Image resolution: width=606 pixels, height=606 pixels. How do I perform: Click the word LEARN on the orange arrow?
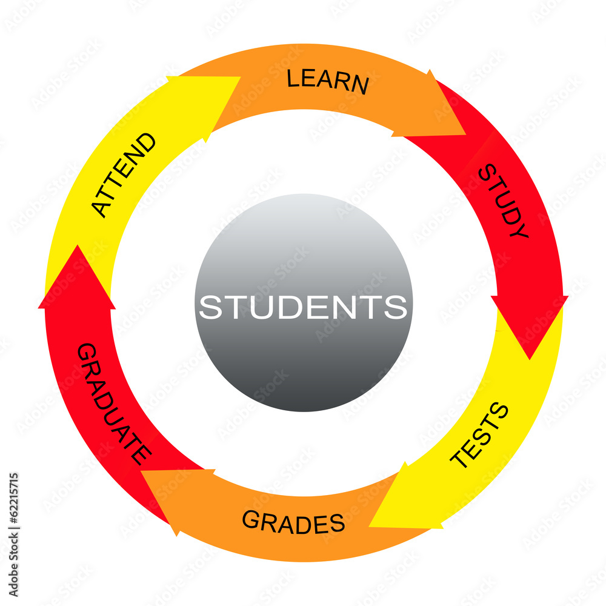coord(328,81)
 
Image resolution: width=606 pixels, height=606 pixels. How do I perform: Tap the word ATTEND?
coord(123,175)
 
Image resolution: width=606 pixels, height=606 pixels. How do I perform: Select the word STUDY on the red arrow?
coord(503,201)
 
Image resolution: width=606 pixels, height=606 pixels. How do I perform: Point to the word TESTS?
coord(479,435)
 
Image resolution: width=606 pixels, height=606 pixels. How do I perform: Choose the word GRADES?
coord(293,522)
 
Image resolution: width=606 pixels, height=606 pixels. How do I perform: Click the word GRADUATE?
coord(115,404)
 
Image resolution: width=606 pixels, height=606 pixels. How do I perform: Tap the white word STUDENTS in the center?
coord(303,307)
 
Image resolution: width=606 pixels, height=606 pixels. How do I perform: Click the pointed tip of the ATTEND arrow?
coord(241,77)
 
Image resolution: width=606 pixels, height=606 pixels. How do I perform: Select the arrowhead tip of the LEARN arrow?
coord(466,135)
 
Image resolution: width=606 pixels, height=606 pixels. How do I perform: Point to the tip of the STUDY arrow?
coord(530,359)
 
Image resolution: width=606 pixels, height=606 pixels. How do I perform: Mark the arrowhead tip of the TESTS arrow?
coord(369,526)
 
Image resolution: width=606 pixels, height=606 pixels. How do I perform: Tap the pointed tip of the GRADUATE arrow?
coord(78,245)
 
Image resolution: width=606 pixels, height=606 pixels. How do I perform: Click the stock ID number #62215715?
coord(13,498)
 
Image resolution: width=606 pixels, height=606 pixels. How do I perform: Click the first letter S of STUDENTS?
coord(211,307)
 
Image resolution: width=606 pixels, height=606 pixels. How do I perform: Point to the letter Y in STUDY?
coord(519,230)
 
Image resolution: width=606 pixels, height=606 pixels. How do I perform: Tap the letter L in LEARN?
coord(293,78)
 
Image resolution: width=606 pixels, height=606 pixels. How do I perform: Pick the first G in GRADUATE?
coord(87,351)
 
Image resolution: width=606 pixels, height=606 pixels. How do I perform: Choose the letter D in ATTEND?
coord(147,142)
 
